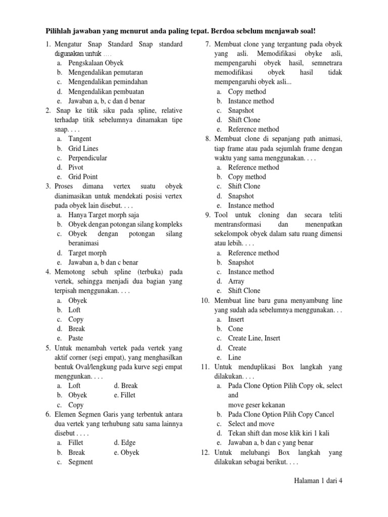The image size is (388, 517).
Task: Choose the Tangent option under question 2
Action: tap(80, 139)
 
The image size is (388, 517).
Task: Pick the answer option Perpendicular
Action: tap(88, 158)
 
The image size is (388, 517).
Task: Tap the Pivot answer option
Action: tap(76, 167)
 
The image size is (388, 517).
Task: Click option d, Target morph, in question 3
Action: tap(87, 253)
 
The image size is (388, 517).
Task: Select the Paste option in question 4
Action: tap(76, 338)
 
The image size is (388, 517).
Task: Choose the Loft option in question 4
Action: tap(74, 310)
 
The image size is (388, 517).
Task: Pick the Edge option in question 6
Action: tap(128, 443)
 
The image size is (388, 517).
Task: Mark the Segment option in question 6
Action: tap(81, 462)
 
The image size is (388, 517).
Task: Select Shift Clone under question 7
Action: tap(244, 120)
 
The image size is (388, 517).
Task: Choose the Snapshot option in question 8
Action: tap(241, 196)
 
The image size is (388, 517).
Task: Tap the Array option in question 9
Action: tap(236, 281)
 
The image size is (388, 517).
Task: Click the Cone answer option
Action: tap(235, 329)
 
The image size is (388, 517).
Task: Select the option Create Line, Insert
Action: tap(254, 338)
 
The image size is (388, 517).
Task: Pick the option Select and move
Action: tap(251, 424)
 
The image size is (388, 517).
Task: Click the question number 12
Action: tap(204, 452)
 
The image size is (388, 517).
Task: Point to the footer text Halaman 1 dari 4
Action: tap(318, 481)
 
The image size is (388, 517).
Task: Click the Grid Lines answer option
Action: tap(83, 148)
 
